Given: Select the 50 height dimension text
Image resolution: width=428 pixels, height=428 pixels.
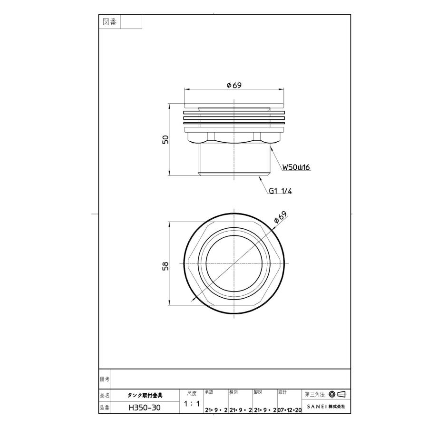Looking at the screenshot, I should coord(165,140).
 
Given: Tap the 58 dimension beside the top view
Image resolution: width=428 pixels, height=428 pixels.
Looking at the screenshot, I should coord(165,266).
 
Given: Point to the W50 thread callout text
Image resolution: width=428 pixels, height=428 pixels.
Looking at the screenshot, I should coord(296,167).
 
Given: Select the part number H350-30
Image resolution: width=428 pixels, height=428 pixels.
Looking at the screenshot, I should coord(145,408).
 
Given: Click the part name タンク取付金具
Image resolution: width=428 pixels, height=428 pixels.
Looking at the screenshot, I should coord(145,395).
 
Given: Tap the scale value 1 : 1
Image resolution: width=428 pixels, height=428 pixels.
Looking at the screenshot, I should coord(191,403).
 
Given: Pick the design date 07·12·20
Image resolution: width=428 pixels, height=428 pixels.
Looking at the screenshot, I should coord(290,410).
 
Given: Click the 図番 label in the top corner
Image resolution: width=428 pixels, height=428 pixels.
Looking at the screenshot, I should coord(110,22).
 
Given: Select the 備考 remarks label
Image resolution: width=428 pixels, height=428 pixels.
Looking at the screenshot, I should coord(105,379).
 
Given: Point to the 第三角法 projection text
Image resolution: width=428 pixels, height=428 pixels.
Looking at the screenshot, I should coord(314,394).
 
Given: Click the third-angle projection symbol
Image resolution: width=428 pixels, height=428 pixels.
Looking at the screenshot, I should coord(337,394).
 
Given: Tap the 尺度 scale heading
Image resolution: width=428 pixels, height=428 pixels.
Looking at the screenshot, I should coord(191,393).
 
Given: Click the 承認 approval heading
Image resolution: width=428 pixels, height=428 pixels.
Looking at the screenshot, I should coord(209,392).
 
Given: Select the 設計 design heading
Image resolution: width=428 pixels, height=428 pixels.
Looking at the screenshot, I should coord(282,392).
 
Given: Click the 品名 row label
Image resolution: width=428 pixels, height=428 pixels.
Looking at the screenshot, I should coord(105,395).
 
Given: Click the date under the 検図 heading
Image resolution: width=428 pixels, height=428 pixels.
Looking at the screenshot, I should coord(240,410).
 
